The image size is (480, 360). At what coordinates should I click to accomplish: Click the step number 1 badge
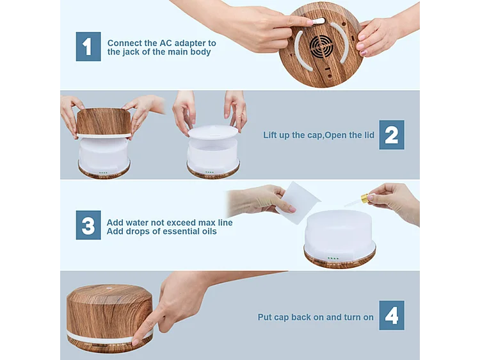coord(88,47)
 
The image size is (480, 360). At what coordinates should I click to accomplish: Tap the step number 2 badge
coord(391,135)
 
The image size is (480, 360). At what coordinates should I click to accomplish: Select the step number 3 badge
coord(88,225)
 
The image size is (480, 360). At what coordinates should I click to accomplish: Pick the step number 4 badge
coord(391,316)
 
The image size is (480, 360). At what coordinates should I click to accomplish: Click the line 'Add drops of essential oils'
coord(161,231)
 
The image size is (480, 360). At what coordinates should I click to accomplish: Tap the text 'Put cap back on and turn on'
coord(316,317)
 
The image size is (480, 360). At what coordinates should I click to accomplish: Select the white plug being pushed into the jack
coord(319,21)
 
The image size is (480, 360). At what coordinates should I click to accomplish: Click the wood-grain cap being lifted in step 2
coord(104,121)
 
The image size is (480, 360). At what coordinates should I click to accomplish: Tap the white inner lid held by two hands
coord(213,132)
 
